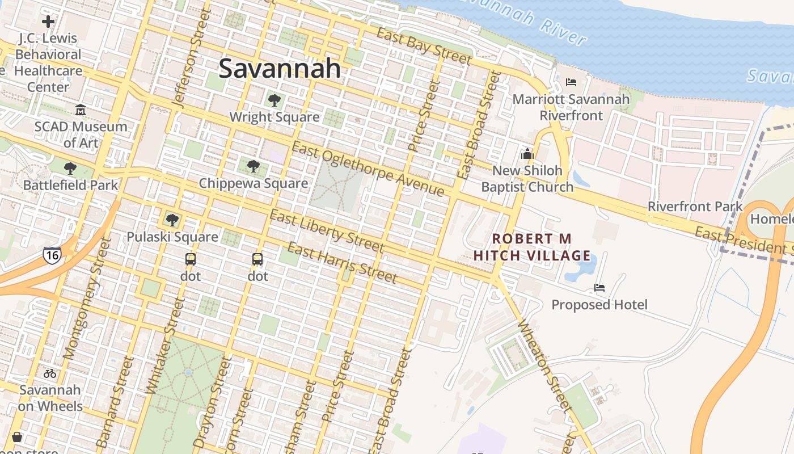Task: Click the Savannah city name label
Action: coord(280,69)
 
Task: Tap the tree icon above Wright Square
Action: coord(274,101)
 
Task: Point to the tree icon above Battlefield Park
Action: coord(70,169)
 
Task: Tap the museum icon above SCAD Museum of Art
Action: coord(81,110)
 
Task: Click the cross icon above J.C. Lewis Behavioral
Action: coord(48,22)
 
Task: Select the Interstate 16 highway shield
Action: coord(52,255)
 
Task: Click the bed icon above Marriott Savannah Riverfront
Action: coord(571,83)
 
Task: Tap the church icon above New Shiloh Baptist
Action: coord(527,154)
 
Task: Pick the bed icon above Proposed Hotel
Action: coord(599,288)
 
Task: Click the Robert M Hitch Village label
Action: coord(532,247)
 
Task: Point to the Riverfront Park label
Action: coord(695,207)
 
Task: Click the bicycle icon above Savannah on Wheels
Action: coord(50,373)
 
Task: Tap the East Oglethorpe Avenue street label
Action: coord(368,169)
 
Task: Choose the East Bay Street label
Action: coord(424,45)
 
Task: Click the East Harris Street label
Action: coord(341,262)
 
